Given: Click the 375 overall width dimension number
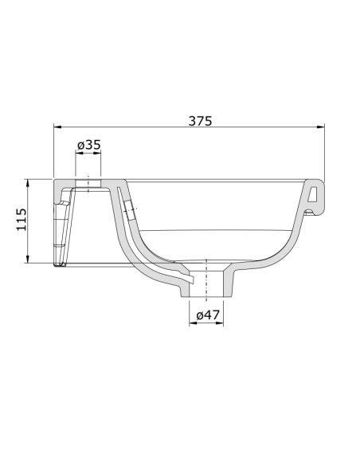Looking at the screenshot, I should point(200,120).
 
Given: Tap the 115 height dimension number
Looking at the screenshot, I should point(22,220).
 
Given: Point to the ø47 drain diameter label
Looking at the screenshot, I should point(208,315).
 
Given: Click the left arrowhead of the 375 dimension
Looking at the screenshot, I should point(57,127).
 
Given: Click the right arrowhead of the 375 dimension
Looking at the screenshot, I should point(322,127).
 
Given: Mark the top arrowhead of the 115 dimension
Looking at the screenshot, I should point(29,182).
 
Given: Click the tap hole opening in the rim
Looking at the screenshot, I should point(88,185).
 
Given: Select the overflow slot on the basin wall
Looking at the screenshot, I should point(129,211).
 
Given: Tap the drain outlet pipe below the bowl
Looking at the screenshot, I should point(208,283).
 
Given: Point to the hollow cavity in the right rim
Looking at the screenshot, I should point(314,193).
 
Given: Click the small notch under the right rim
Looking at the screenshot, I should point(309,213).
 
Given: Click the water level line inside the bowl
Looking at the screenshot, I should point(215,230).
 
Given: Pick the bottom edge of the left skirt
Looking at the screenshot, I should point(59,264).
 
